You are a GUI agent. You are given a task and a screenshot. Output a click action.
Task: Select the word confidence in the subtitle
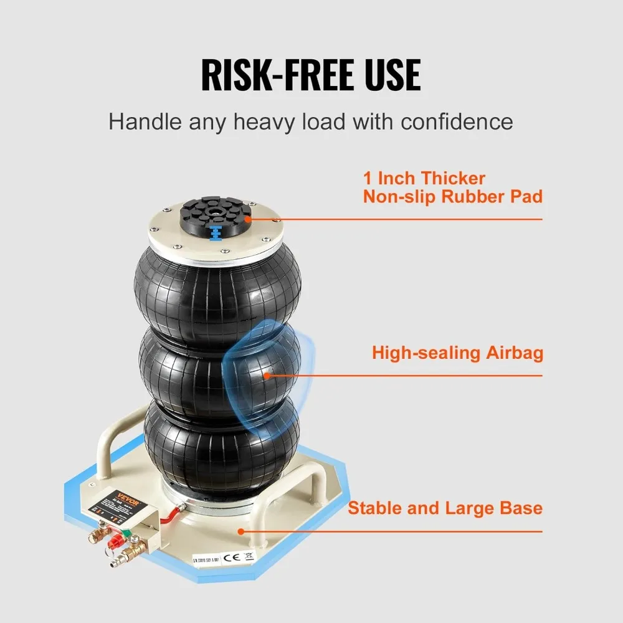[457, 121]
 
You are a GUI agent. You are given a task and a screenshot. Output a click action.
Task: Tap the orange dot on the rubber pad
[248, 219]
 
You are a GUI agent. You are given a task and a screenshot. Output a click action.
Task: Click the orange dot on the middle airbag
[267, 375]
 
